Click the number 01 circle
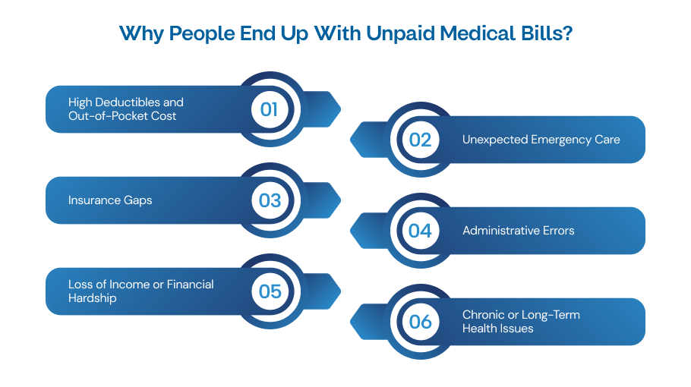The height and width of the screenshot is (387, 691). pos(269,109)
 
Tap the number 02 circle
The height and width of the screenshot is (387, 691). pos(420,140)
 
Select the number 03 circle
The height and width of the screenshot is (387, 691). pos(269,200)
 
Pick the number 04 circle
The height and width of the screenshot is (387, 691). pos(420,231)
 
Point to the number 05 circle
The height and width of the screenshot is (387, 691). pos(269,291)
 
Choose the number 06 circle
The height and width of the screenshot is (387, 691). pos(420,322)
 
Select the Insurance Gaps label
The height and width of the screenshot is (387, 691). pos(110,200)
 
